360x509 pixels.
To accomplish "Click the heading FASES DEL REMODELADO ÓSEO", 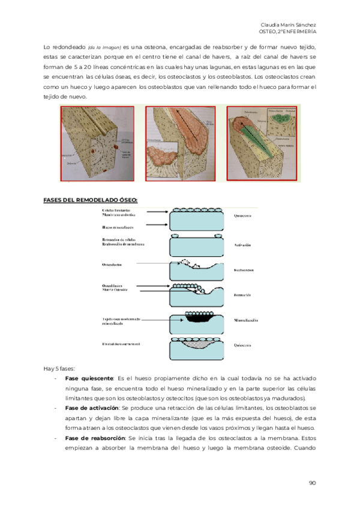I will (91, 199).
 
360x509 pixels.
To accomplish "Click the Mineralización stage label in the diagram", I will (246, 321).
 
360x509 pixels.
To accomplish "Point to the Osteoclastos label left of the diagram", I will (113, 265).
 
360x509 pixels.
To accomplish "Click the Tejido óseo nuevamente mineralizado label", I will (121, 321).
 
